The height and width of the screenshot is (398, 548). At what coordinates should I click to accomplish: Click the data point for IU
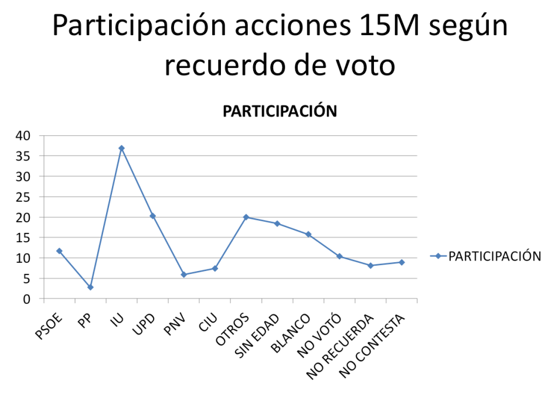point(121,148)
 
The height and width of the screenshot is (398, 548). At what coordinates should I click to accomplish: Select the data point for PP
point(90,287)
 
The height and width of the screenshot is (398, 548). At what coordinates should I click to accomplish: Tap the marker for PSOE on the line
point(59,251)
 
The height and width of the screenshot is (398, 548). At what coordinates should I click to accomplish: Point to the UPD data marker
point(152,216)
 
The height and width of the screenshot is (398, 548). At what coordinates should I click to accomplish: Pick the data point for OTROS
point(246,217)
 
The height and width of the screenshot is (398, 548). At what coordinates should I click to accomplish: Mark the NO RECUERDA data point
point(370,266)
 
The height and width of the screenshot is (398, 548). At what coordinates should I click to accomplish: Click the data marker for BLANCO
point(308,235)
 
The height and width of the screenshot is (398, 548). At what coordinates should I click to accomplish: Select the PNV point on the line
point(183,275)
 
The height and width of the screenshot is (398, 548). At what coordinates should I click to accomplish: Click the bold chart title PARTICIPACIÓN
point(280,111)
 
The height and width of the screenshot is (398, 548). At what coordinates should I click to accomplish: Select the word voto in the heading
point(362,66)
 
